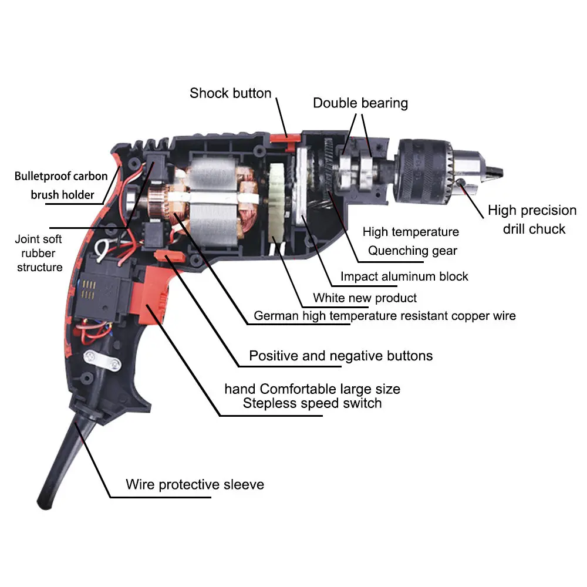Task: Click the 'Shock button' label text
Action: click(x=230, y=93)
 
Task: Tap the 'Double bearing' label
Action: click(x=360, y=103)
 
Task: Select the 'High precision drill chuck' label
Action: click(x=532, y=220)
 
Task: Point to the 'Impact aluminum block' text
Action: click(x=404, y=276)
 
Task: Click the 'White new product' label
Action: click(x=365, y=298)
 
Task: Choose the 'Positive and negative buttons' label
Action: click(x=340, y=356)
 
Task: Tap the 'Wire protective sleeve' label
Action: click(x=194, y=485)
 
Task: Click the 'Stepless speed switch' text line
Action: click(x=312, y=403)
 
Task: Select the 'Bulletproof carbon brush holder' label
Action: click(x=61, y=185)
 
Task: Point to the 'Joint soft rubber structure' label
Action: click(x=39, y=253)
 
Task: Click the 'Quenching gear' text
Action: click(x=413, y=251)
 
